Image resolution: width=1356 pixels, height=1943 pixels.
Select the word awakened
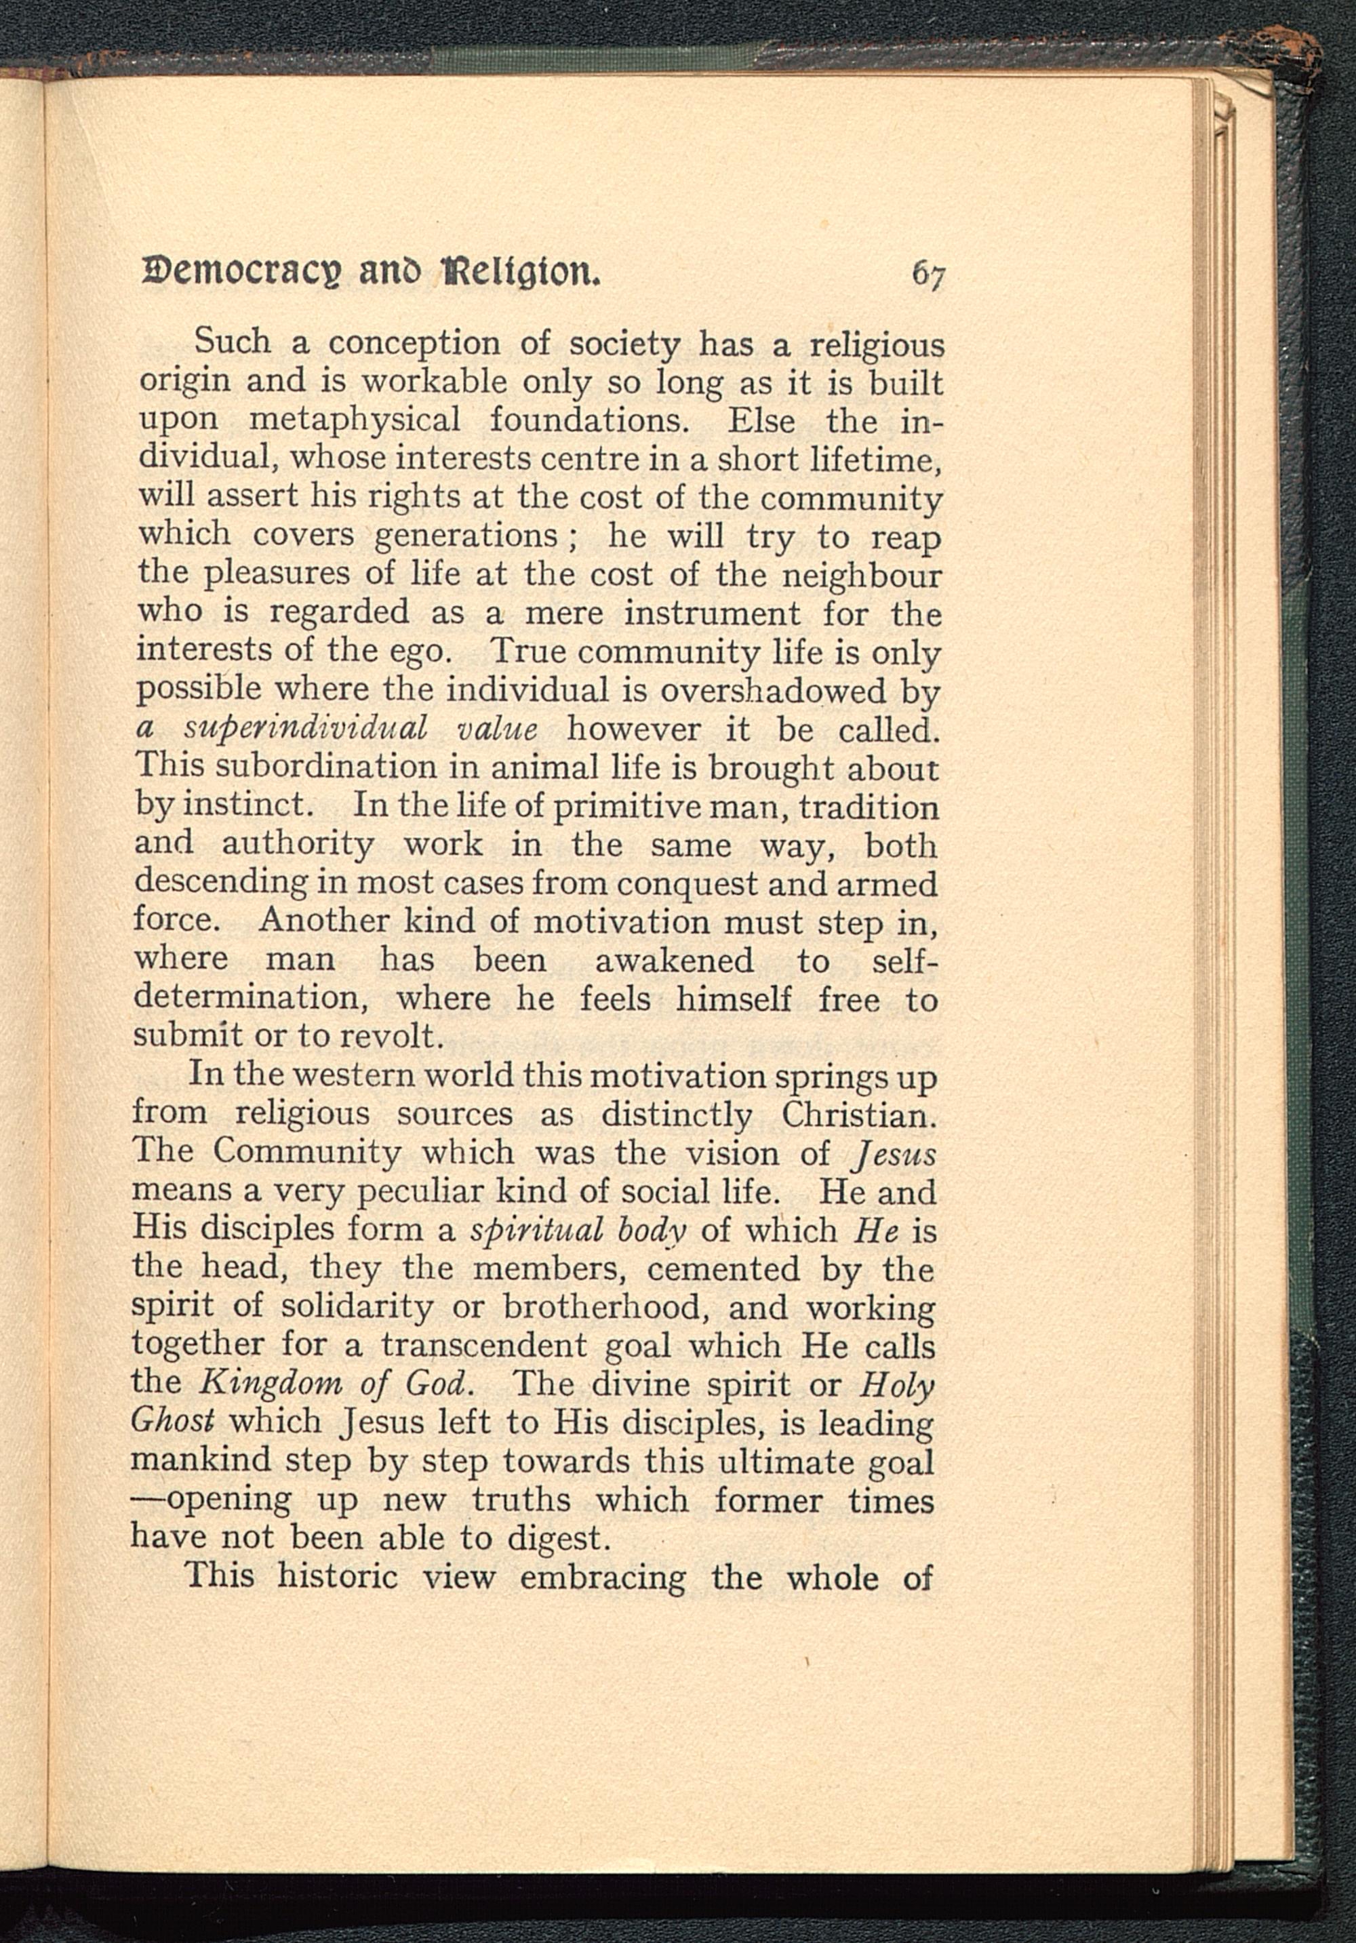(x=674, y=961)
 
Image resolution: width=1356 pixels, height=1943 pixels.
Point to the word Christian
(x=858, y=1115)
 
